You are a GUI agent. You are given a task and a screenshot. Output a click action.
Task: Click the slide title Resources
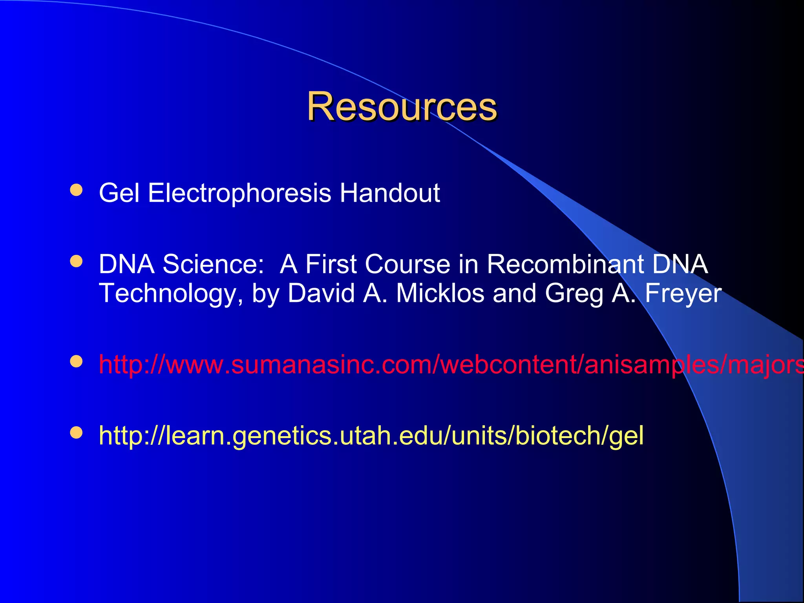point(402,106)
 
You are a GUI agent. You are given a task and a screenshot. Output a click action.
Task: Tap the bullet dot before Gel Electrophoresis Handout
point(76,190)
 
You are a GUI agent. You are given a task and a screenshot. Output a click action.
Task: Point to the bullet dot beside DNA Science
point(76,261)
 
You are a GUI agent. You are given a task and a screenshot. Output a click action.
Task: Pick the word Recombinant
point(565,264)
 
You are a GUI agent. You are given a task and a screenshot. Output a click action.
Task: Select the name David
point(321,293)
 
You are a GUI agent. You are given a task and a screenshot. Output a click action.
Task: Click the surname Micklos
point(440,293)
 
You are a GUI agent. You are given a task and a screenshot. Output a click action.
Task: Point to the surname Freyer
point(683,294)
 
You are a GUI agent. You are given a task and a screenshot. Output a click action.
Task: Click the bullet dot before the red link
point(76,361)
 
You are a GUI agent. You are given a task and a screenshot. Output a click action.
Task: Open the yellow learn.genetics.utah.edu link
point(371,435)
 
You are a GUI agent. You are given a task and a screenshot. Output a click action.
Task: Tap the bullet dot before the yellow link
point(76,433)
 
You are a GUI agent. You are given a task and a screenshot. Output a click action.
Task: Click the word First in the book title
point(331,264)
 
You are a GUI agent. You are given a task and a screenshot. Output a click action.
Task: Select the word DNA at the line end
point(680,264)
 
